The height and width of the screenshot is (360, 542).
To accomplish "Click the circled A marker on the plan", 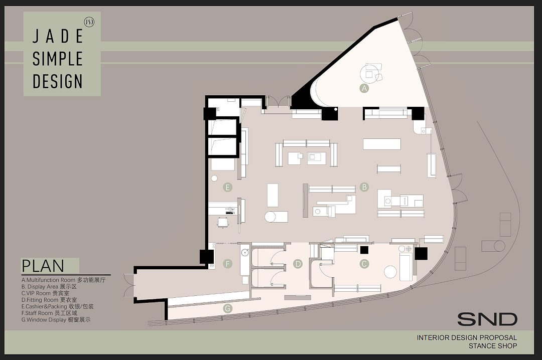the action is pos(364,88).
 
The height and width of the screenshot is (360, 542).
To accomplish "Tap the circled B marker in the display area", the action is pos(364,187).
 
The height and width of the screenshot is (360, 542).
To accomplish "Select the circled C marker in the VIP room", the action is pos(364,264).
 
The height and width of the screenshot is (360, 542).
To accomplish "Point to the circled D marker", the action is pos(298,264).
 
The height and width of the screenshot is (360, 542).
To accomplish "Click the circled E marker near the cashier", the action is pos(227,187).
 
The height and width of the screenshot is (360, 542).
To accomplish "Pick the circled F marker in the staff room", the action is pos(227,264).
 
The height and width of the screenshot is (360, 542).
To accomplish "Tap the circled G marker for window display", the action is pos(227,308).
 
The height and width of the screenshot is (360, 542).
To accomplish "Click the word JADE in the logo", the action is pos(58,36).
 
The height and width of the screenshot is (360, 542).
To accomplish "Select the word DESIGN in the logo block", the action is pos(58,81).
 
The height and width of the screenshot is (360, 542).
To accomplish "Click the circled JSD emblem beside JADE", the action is pos(89,22).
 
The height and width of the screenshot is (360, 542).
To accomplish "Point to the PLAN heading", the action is pos(43,266).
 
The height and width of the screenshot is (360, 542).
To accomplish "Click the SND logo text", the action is pos(487,319).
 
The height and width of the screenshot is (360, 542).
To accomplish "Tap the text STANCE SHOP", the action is pos(493,346).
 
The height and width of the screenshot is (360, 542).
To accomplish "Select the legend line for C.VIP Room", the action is pos(45,293).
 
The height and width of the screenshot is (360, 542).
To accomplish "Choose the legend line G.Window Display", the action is pos(56,320).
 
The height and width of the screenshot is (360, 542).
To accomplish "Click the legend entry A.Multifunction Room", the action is pos(63,280).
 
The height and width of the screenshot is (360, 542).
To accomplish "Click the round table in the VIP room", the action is pos(390,272).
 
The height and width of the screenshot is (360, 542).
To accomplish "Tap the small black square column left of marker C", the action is pos(364,250).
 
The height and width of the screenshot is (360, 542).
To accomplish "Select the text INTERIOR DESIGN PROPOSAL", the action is pos(467,337).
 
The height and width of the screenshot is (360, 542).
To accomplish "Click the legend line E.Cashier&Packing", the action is pos(57,306).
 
